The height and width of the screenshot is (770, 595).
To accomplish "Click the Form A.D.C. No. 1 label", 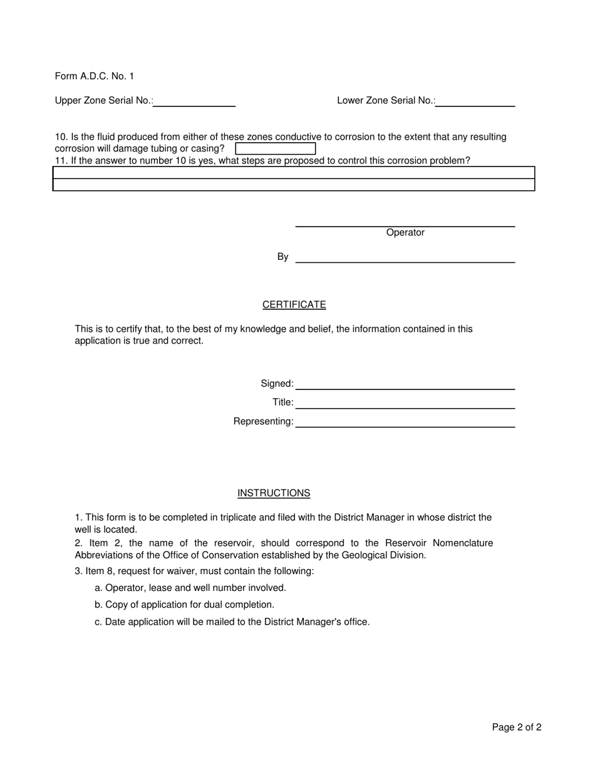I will (94, 76).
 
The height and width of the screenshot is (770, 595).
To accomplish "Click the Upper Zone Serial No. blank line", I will (194, 101).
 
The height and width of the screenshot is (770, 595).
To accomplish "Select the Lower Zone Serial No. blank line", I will (475, 101).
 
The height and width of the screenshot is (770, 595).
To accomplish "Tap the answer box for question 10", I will (275, 148).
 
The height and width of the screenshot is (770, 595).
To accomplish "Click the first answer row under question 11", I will (293, 173).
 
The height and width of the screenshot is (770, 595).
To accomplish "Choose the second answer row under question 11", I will (293, 185).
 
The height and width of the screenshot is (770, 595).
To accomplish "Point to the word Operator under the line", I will (405, 233).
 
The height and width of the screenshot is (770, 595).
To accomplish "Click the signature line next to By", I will (405, 257).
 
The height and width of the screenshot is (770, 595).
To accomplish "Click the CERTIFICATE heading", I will (294, 305).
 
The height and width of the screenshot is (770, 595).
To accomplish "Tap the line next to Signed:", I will (405, 384).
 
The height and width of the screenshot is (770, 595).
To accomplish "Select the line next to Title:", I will (405, 403).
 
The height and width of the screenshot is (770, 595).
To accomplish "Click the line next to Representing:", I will (405, 422).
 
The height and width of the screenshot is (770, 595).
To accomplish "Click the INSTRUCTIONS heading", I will (274, 493).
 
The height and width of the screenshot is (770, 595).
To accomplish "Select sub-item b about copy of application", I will (185, 605).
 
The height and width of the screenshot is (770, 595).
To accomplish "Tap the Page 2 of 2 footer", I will (517, 727).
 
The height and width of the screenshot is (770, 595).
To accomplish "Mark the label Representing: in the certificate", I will (263, 422).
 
